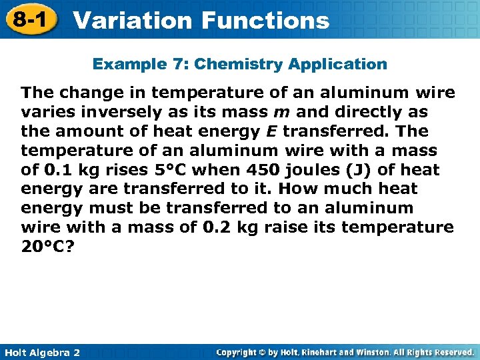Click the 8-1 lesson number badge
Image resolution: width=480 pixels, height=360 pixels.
pyautogui.click(x=30, y=19)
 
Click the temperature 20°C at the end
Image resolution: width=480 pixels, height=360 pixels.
pyautogui.click(x=48, y=247)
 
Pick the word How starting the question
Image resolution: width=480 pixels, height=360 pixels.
pyautogui.click(x=302, y=189)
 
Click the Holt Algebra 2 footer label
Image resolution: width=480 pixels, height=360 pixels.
pyautogui.click(x=41, y=352)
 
